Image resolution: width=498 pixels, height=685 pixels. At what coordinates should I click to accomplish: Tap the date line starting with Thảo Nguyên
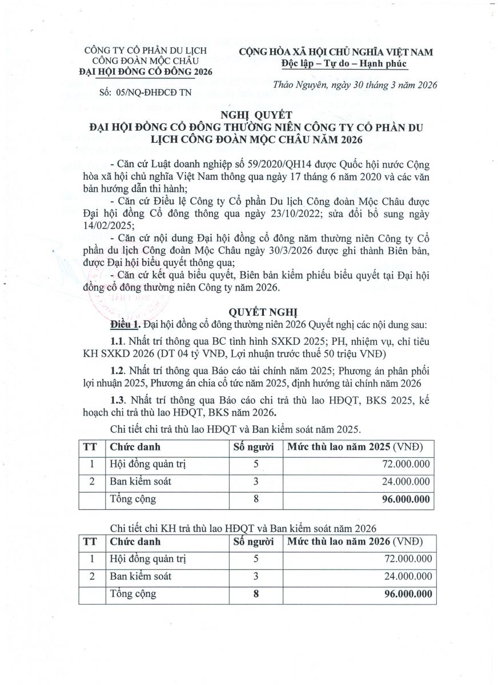coord(355,85)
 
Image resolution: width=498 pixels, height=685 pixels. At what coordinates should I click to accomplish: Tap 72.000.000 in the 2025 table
coord(404,464)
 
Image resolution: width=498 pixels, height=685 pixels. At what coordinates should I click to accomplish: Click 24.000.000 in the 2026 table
coord(404,577)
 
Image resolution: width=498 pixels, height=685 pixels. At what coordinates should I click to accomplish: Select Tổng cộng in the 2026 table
coord(133,594)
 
